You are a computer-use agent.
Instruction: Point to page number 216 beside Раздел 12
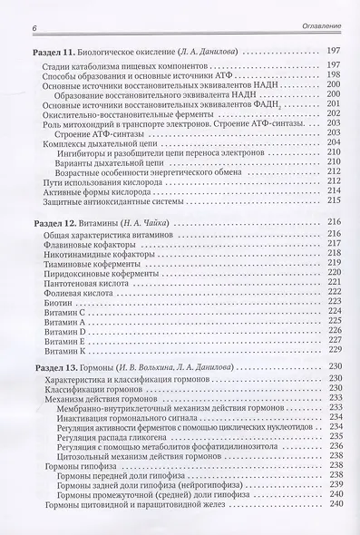click(332, 221)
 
